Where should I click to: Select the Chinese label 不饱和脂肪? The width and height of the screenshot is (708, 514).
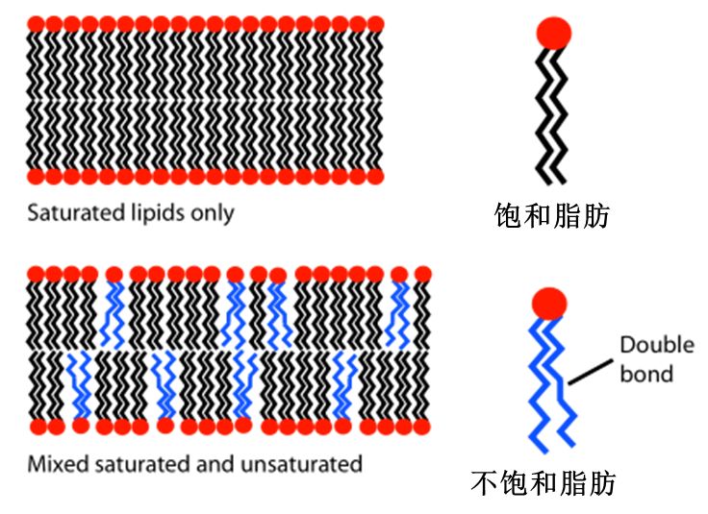[544, 481]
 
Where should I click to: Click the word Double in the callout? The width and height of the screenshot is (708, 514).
[656, 345]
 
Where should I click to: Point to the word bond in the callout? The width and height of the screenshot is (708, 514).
[646, 373]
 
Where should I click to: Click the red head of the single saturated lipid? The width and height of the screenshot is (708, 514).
[553, 34]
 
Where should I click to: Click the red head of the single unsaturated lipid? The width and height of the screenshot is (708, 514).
[549, 304]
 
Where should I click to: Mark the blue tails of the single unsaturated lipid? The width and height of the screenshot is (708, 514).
[552, 384]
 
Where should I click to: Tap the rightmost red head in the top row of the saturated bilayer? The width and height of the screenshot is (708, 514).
[374, 21]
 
